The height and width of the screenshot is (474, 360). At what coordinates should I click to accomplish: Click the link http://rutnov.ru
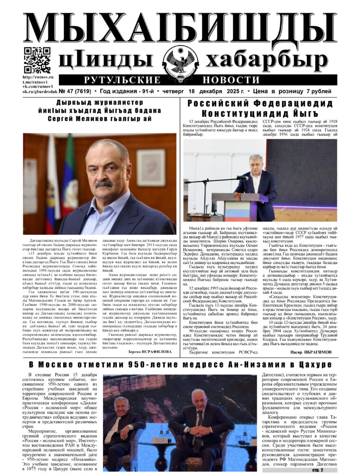coord(38,77)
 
